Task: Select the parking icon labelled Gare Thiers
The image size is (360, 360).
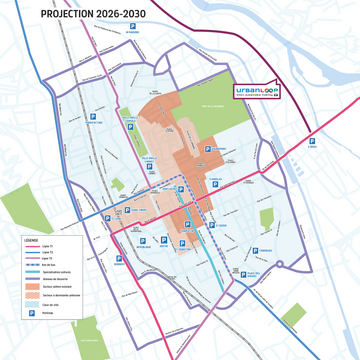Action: click(x=125, y=211)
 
